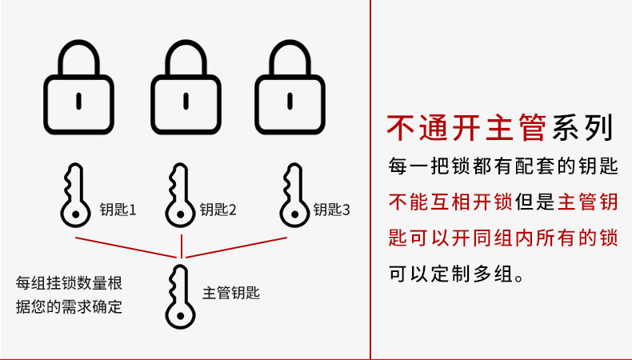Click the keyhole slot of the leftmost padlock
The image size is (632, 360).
click(x=78, y=101)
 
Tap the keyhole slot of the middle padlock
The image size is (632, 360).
click(x=186, y=101)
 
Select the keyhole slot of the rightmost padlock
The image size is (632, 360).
click(x=290, y=101)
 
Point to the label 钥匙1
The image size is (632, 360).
click(x=118, y=210)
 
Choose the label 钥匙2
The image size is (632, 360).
click(x=218, y=210)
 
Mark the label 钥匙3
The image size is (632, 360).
click(x=332, y=210)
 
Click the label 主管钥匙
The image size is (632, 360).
click(x=231, y=293)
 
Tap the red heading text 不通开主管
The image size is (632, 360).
click(x=466, y=128)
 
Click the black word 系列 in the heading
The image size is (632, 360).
click(x=582, y=128)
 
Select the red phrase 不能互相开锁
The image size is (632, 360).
click(x=450, y=202)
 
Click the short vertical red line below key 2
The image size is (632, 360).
click(x=182, y=246)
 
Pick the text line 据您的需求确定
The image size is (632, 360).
click(x=69, y=306)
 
